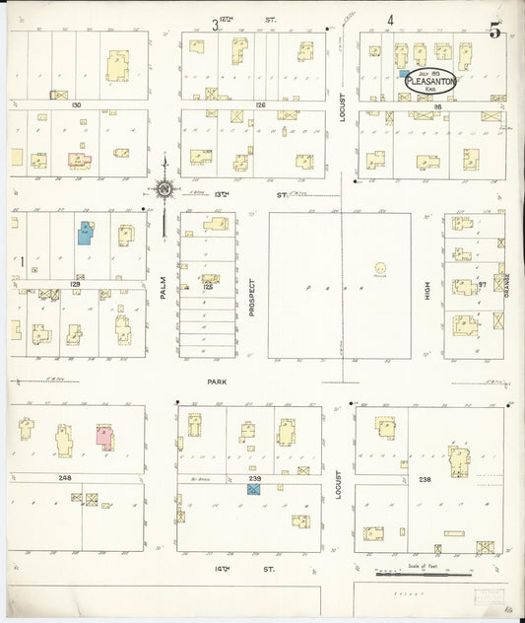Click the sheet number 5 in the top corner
494,30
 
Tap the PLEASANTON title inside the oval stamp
431,82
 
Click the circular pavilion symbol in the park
381,268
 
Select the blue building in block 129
86,233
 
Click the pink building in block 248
103,436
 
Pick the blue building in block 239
253,489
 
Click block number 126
260,104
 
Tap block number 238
425,478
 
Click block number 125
208,287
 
